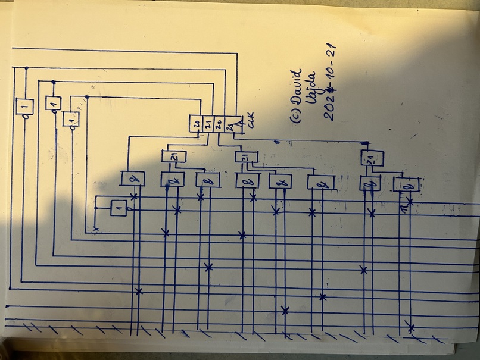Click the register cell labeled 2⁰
[x=196, y=124]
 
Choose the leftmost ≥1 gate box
[x=173, y=156]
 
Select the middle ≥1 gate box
[x=245, y=157]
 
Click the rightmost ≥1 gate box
[x=372, y=158]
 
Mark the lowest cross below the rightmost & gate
[x=410, y=327]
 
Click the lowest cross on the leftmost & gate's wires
[x=139, y=291]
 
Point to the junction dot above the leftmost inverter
[x=26, y=68]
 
